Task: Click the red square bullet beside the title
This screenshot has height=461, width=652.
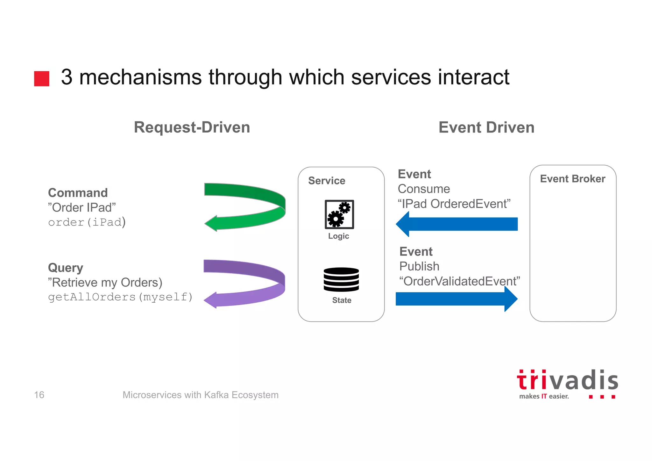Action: (x=42, y=78)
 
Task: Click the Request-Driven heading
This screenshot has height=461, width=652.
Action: (x=192, y=127)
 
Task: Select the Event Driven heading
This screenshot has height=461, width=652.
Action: (x=486, y=127)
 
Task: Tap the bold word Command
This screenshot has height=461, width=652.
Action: (x=78, y=193)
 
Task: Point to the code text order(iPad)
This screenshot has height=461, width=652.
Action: (x=87, y=222)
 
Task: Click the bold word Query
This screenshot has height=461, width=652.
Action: (x=65, y=268)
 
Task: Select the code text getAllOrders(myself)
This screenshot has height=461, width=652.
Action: (x=120, y=297)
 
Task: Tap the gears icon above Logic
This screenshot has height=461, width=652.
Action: (x=339, y=214)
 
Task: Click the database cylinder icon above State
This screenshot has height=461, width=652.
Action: (x=341, y=279)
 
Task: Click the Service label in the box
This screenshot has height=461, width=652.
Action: (x=327, y=181)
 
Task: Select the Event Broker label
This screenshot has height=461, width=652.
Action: (x=572, y=179)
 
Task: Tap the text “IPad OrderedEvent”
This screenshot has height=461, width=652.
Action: (x=454, y=204)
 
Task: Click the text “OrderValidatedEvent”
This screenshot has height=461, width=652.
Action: (x=459, y=281)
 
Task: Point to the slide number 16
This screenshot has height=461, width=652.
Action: (x=39, y=395)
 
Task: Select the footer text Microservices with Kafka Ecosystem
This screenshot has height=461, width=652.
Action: (x=200, y=395)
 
